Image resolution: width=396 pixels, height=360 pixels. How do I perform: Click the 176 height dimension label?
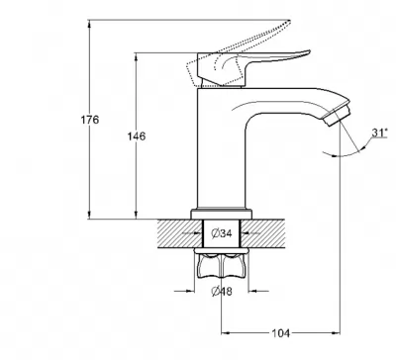pyautogui.click(x=90, y=120)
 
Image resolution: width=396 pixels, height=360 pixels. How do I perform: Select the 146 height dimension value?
pyautogui.click(x=137, y=135)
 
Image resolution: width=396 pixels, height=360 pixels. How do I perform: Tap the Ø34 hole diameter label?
pyautogui.click(x=222, y=233)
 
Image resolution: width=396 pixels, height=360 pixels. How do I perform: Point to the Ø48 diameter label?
pyautogui.click(x=222, y=292)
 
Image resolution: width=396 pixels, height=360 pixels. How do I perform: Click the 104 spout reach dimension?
pyautogui.click(x=280, y=333)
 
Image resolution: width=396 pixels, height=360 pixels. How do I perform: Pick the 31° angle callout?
pyautogui.click(x=379, y=133)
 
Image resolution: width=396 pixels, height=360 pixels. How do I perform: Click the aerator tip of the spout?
pyautogui.click(x=337, y=116)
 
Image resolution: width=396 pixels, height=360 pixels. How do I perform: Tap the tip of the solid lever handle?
pyautogui.click(x=309, y=51)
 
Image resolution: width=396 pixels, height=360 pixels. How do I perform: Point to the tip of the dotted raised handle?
pyautogui.click(x=289, y=21)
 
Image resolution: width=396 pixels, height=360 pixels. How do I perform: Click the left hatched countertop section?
pyautogui.click(x=180, y=233)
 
